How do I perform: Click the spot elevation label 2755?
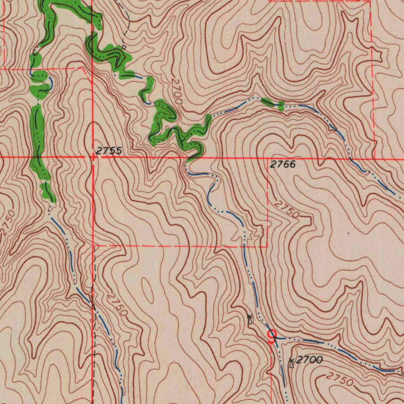109,151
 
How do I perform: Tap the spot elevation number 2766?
283,165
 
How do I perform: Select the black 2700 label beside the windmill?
309,359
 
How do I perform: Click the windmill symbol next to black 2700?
292,363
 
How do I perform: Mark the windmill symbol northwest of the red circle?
249,319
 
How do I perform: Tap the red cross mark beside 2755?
93,158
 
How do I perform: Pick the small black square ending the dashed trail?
123,47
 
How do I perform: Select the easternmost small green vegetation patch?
281,105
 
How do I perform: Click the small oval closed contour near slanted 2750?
149,290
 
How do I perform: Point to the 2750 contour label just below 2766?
287,209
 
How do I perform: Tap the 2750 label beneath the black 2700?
340,380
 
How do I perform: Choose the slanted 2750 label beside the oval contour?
118,304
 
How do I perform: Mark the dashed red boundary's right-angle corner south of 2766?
267,246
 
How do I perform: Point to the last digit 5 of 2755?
119,151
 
